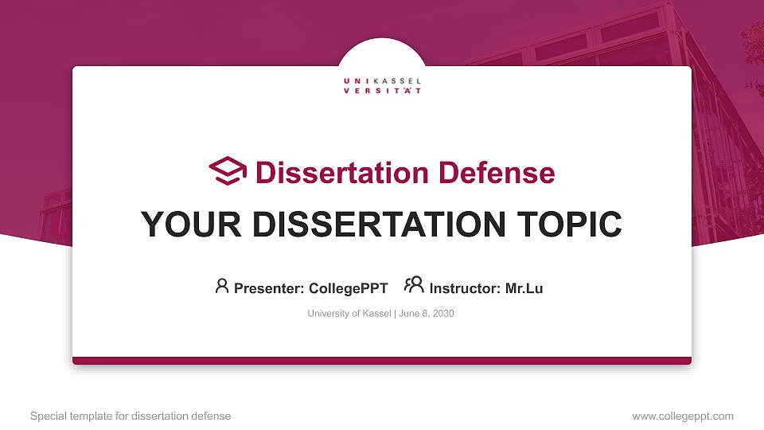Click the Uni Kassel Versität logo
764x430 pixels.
tap(382, 86)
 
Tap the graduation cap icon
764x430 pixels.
tap(228, 171)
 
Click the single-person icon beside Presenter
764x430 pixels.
tap(222, 286)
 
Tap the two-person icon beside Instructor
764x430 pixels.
tap(414, 286)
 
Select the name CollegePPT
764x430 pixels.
tap(348, 288)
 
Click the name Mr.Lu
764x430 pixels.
tap(524, 288)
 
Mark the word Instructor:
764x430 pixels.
tap(465, 288)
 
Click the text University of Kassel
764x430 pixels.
tap(349, 314)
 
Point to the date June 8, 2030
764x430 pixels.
tap(426, 314)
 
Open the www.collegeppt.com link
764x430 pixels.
tap(682, 416)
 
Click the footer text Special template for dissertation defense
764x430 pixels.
tap(130, 416)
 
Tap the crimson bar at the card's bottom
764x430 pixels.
tap(382, 361)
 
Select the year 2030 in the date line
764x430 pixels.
tap(442, 314)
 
